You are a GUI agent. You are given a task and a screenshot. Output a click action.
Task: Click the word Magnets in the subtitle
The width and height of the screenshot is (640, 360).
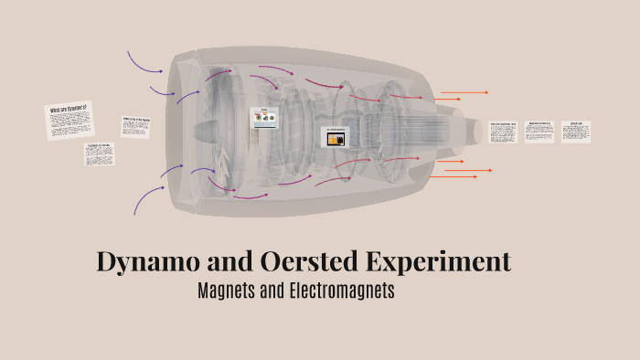click(228, 292)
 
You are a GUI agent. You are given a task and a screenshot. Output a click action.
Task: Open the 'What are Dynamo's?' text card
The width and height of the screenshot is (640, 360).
click(70, 120)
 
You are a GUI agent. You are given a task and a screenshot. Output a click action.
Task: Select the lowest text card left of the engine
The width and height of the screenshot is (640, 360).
click(99, 154)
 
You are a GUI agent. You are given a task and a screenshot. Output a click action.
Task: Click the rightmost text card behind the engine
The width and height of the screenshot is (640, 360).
click(576, 130)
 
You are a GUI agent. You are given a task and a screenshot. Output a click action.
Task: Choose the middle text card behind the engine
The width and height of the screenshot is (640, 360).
click(539, 131)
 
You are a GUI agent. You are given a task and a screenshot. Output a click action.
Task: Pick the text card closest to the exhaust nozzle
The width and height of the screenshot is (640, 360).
click(504, 132)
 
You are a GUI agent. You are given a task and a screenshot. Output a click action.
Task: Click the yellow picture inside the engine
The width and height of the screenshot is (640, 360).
click(335, 137)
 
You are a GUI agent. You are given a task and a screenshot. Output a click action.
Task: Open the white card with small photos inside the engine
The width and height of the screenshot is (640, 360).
click(264, 120)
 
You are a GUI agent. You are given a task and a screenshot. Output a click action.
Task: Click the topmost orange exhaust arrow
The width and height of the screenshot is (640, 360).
click(464, 92)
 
